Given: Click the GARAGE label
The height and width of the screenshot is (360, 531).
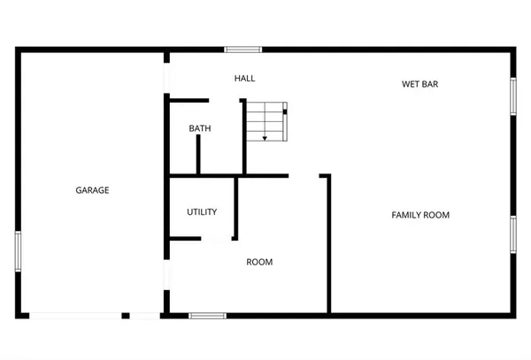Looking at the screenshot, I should (92, 190).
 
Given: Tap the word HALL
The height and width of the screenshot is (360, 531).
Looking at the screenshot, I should (245, 79).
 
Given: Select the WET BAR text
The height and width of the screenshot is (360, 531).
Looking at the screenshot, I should (420, 85).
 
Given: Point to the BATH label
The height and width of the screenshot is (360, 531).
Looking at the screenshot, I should (200, 129).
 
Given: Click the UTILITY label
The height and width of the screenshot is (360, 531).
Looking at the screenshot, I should (202, 212).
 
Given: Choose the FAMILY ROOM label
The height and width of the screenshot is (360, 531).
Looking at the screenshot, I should (421, 215).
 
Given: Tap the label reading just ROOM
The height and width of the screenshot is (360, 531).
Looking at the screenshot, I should (259, 262).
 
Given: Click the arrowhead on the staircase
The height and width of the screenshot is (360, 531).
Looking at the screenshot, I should (265, 138).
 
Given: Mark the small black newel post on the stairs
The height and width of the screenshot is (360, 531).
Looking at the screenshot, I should (285, 111).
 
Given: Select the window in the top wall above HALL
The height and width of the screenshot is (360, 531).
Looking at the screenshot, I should (242, 50).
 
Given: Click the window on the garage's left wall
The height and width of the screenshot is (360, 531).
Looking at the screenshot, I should (18, 251).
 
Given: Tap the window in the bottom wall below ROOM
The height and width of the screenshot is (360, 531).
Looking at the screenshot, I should (208, 316).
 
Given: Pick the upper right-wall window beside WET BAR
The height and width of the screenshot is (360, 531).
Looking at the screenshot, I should (513, 96).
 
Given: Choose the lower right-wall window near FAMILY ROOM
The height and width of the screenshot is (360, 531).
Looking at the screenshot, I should (513, 234).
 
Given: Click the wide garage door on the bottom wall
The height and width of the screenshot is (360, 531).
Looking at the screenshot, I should (76, 316).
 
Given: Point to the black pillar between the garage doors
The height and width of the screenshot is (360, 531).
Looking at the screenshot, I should (126, 316).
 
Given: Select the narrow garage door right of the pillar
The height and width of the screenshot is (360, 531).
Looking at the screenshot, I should (143, 316).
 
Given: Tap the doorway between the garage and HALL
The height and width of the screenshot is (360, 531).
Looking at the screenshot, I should (165, 75).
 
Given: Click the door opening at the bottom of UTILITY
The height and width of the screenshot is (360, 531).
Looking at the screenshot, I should (216, 239).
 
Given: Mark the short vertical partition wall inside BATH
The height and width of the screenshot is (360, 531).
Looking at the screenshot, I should (198, 156).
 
